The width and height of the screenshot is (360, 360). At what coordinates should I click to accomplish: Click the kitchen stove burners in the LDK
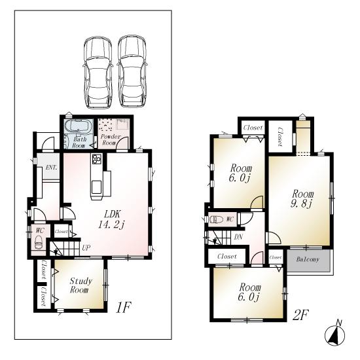click(97, 160)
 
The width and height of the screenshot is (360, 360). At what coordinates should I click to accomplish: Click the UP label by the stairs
click(86, 247)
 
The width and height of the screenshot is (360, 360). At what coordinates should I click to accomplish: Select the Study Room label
click(79, 285)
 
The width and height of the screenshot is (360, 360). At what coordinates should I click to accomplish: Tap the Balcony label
click(308, 260)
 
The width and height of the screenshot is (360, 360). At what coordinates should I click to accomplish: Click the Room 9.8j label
click(302, 199)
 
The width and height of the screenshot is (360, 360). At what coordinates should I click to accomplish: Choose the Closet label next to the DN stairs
click(226, 257)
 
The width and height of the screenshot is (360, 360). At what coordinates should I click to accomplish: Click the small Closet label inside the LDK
click(62, 231)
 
